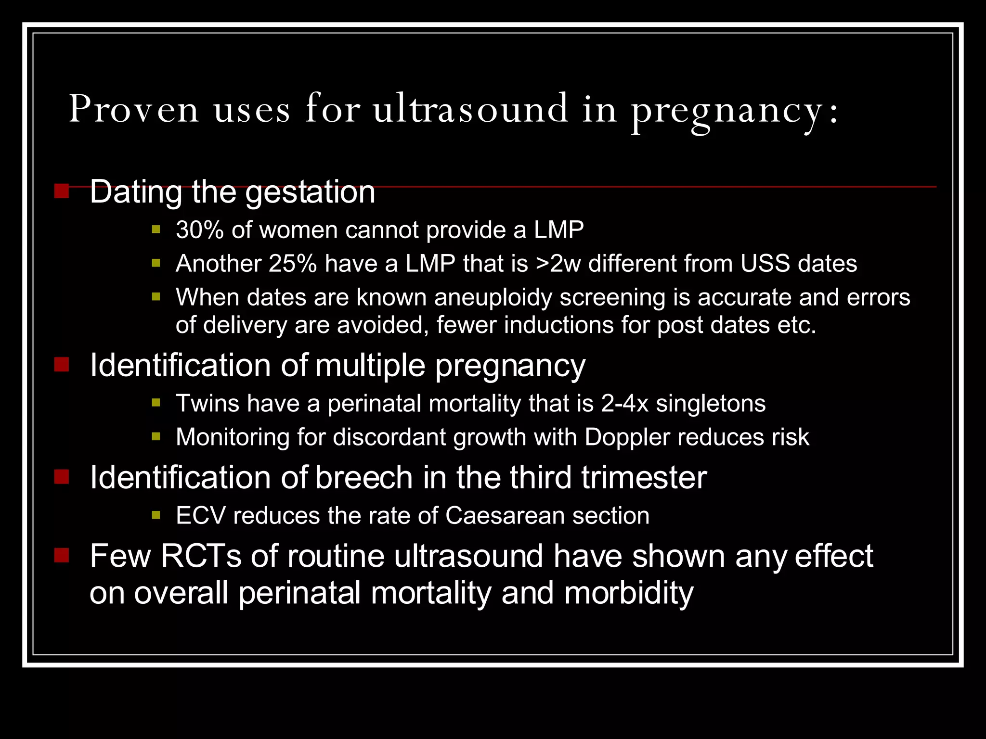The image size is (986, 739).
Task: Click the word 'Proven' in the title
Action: [x=133, y=109]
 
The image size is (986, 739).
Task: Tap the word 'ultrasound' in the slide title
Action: [x=470, y=109]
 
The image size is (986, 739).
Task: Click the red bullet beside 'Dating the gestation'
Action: [x=62, y=191]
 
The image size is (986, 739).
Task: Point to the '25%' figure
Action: [x=293, y=264]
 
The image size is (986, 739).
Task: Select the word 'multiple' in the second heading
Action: [x=370, y=366]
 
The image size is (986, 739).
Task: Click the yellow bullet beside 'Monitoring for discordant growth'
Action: [x=156, y=437]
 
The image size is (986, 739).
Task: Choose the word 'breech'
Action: [x=364, y=478]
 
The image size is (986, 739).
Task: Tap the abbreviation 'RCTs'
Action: [x=201, y=557]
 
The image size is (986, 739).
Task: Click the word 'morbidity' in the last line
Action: [x=629, y=593]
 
